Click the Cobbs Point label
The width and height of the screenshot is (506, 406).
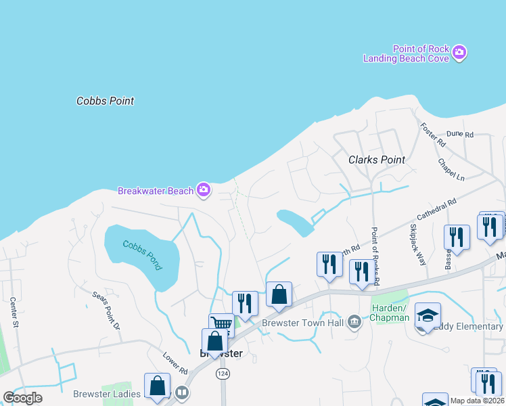click(x=105, y=101)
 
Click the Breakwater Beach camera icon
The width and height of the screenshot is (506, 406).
click(x=204, y=190)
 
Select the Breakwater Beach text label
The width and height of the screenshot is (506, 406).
click(x=156, y=191)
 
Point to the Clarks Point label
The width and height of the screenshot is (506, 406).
click(x=377, y=160)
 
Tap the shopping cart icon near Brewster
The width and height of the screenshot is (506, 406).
click(x=221, y=323)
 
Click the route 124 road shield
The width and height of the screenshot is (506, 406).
click(x=222, y=374)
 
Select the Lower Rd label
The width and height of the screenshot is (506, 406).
click(x=175, y=363)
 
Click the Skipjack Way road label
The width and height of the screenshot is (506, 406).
click(x=417, y=246)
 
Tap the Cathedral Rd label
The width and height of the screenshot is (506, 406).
click(x=437, y=212)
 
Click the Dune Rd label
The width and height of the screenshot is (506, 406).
click(x=460, y=135)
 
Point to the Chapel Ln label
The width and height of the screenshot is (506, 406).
click(x=451, y=170)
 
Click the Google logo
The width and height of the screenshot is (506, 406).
click(x=22, y=398)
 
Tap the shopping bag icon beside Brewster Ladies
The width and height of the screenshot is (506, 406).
click(x=157, y=386)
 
